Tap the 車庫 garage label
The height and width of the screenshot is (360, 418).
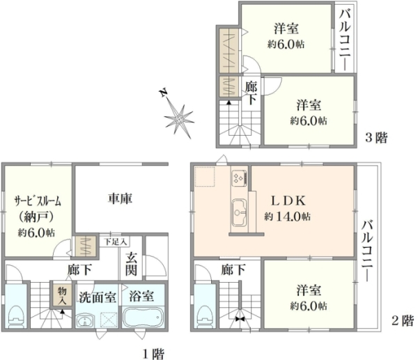pyautogui.click(x=120, y=198)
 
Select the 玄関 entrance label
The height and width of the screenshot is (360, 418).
pyautogui.click(x=132, y=264)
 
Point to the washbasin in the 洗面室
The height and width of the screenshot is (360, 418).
pyautogui.click(x=85, y=320)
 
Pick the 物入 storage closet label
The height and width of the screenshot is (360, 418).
pyautogui.click(x=62, y=295)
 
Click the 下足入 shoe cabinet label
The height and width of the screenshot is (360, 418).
pyautogui.click(x=116, y=242)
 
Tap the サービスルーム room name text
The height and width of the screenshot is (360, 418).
pyautogui.click(x=38, y=201)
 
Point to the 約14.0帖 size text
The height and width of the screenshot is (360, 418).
pyautogui.click(x=287, y=216)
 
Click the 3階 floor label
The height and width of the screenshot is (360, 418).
pyautogui.click(x=376, y=138)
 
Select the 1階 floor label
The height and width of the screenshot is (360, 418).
pyautogui.click(x=153, y=354)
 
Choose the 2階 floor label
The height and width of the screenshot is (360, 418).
pyautogui.click(x=403, y=320)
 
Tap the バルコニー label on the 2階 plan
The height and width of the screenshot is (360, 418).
pyautogui.click(x=367, y=250)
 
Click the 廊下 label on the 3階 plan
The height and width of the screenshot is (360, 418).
pyautogui.click(x=251, y=93)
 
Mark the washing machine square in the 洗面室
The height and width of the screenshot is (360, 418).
pyautogui.click(x=109, y=320)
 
